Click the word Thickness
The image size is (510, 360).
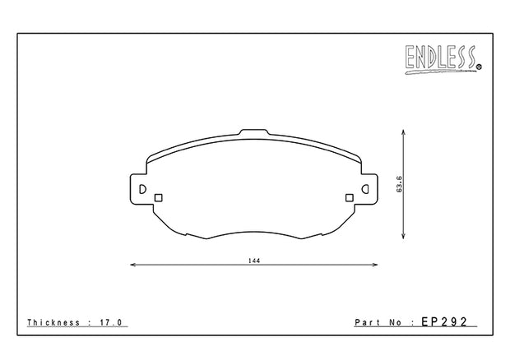[54, 322]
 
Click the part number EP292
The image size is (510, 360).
[443, 322]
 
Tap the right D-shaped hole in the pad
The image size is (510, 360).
[367, 190]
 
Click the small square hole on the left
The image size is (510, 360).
[160, 196]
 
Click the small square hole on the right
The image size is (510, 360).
[350, 196]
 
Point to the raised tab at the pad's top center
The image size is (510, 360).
[254, 133]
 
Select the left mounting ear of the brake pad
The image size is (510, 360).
[140, 189]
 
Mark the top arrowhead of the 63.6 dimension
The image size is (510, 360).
[402, 132]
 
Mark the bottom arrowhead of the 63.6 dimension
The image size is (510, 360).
[402, 239]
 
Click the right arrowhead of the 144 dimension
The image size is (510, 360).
[376, 265]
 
